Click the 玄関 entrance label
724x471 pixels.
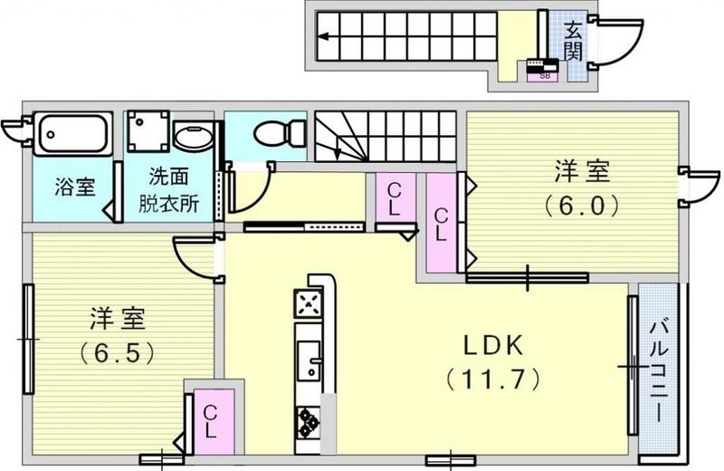pyautogui.click(x=572, y=40)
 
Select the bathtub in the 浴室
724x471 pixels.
pyautogui.click(x=73, y=133)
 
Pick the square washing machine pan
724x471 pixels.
pyautogui.click(x=148, y=132)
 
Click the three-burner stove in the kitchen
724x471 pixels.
pyautogui.click(x=309, y=419)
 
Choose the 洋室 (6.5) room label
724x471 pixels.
pyautogui.click(x=116, y=333)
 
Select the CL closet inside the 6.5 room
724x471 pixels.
pyautogui.click(x=210, y=421)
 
